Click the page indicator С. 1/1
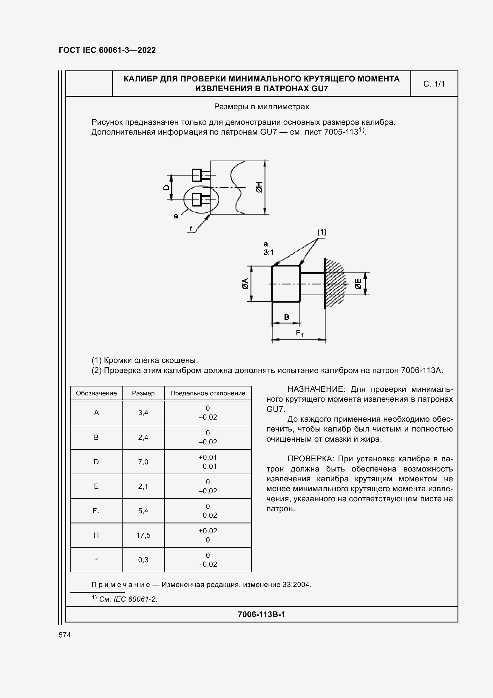pos(434,84)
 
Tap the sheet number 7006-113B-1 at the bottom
pos(261,614)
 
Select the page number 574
pos(65,635)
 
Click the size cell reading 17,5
pos(143,535)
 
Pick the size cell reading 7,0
pos(143,462)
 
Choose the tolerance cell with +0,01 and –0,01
pos(208,462)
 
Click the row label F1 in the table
pos(96,511)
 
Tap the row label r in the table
pos(96,560)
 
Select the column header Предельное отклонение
pos(208,393)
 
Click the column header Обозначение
pos(96,393)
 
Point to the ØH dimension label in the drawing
pos(259,187)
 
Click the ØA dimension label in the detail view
pos(245,283)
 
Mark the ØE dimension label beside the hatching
pos(358,283)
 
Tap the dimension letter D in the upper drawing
pos(166,187)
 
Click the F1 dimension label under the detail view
pos(300,333)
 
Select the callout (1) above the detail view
pos(322,232)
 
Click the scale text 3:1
pos(268,252)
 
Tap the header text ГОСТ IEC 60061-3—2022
pos(107,50)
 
